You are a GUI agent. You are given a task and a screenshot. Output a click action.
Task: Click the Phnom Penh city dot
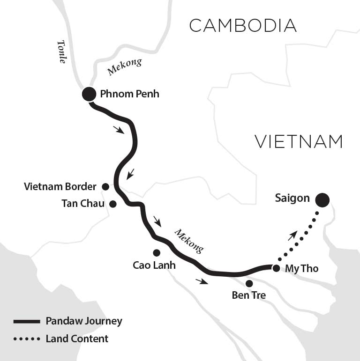89,94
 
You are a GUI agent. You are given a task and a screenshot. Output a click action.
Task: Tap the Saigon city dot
322,200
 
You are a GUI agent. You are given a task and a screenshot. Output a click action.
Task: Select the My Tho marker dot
276,268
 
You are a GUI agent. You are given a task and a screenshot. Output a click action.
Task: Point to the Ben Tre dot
249,283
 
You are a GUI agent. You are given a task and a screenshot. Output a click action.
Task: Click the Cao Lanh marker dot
157,253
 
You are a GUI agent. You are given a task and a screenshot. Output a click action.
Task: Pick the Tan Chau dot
112,204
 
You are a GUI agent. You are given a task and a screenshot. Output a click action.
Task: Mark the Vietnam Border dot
105,187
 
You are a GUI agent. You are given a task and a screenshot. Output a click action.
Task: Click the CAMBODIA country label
243,26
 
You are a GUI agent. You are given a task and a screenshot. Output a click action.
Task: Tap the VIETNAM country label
299,141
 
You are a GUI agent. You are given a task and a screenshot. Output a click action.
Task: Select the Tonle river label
62,52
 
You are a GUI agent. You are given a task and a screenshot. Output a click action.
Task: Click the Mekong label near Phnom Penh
125,67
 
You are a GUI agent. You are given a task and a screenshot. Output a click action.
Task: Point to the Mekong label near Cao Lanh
189,241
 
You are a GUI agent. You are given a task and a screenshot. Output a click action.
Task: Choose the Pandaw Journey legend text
84,321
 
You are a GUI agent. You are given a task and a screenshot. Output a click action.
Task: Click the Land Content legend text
77,339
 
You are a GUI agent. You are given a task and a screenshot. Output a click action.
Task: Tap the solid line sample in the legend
27,322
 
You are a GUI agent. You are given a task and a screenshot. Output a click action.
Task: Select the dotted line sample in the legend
27,339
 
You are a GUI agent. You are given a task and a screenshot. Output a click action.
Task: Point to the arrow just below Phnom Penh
119,130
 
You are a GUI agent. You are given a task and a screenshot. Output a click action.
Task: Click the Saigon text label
292,199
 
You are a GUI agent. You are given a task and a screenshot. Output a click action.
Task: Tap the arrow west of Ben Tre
202,281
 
